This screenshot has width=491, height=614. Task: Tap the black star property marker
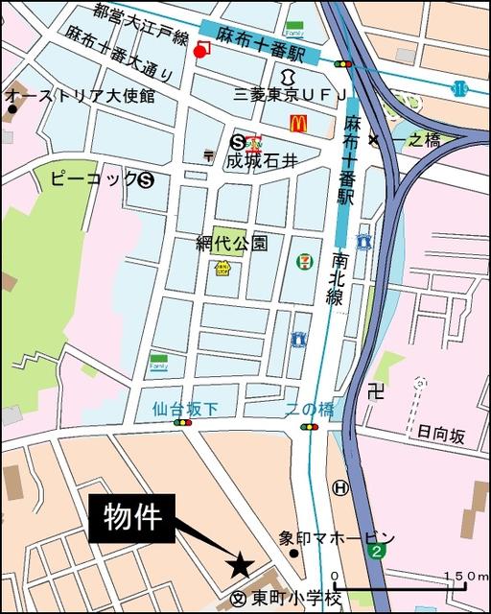click(x=240, y=566)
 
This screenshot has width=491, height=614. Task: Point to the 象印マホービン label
click(x=337, y=537)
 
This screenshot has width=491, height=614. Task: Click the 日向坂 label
click(x=441, y=435)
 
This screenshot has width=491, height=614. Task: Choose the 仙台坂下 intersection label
click(x=185, y=409)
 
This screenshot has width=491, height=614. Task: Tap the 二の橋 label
click(x=310, y=409)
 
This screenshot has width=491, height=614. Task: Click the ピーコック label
click(x=91, y=179)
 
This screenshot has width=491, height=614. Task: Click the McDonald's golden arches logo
click(x=299, y=123)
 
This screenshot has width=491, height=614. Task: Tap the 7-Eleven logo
click(x=303, y=260)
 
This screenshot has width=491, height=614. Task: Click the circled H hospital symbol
click(x=339, y=488)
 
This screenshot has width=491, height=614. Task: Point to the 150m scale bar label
click(x=467, y=576)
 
